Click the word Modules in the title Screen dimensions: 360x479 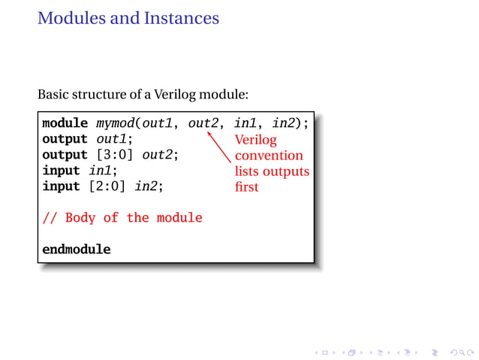(70, 17)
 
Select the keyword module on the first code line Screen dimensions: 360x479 (65, 123)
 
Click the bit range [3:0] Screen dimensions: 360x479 (114, 155)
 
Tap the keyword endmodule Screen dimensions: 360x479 (77, 249)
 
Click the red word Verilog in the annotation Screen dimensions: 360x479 (255, 141)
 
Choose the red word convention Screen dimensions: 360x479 (269, 156)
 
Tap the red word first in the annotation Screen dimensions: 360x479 (246, 187)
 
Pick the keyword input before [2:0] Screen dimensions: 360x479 (62, 186)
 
